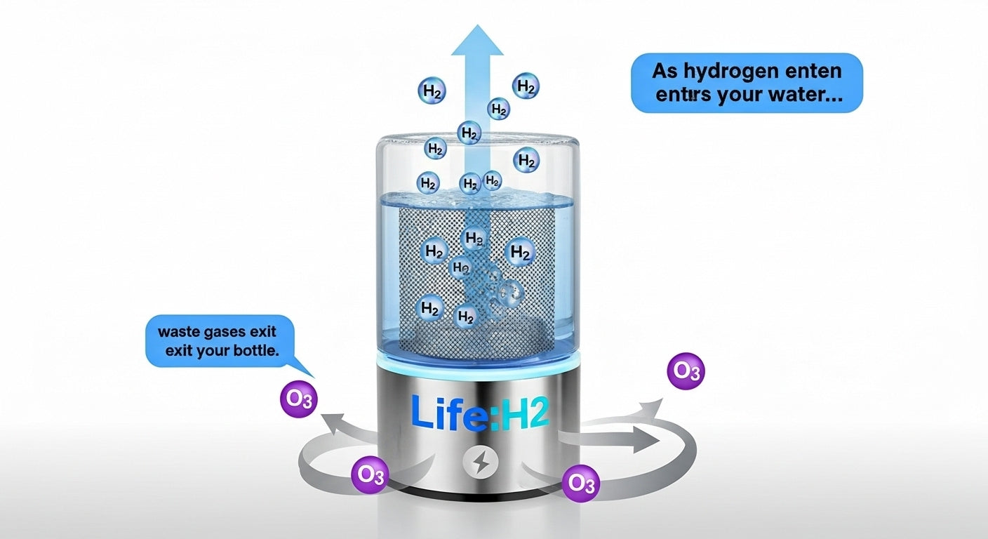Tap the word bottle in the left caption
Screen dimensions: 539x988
(259, 350)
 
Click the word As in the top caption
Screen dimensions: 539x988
(665, 72)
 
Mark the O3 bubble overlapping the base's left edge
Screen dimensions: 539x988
(370, 475)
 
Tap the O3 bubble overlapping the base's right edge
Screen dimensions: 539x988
(582, 482)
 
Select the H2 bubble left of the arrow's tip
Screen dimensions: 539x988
(432, 91)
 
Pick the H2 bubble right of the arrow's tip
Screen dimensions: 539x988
(526, 86)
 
